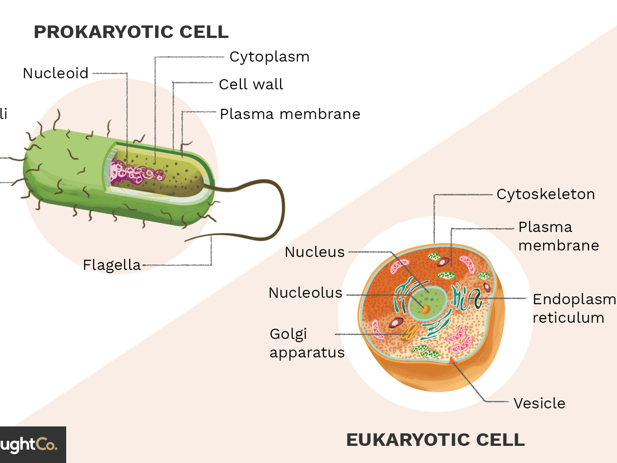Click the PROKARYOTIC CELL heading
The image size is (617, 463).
[131, 32]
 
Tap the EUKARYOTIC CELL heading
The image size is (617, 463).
[435, 440]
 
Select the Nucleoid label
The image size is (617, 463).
[56, 73]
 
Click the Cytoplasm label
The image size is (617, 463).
[269, 57]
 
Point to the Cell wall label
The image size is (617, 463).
[251, 84]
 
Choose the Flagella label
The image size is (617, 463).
[112, 265]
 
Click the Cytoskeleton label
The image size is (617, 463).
[545, 194]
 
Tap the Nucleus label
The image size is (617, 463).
[315, 252]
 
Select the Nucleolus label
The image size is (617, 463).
[305, 293]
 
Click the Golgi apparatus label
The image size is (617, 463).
[307, 343]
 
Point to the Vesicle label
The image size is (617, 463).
[539, 403]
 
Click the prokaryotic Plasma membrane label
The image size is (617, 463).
[290, 114]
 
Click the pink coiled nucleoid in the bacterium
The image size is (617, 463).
[134, 173]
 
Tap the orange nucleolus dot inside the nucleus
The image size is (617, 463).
[425, 309]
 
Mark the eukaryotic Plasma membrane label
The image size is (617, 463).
[558, 236]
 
